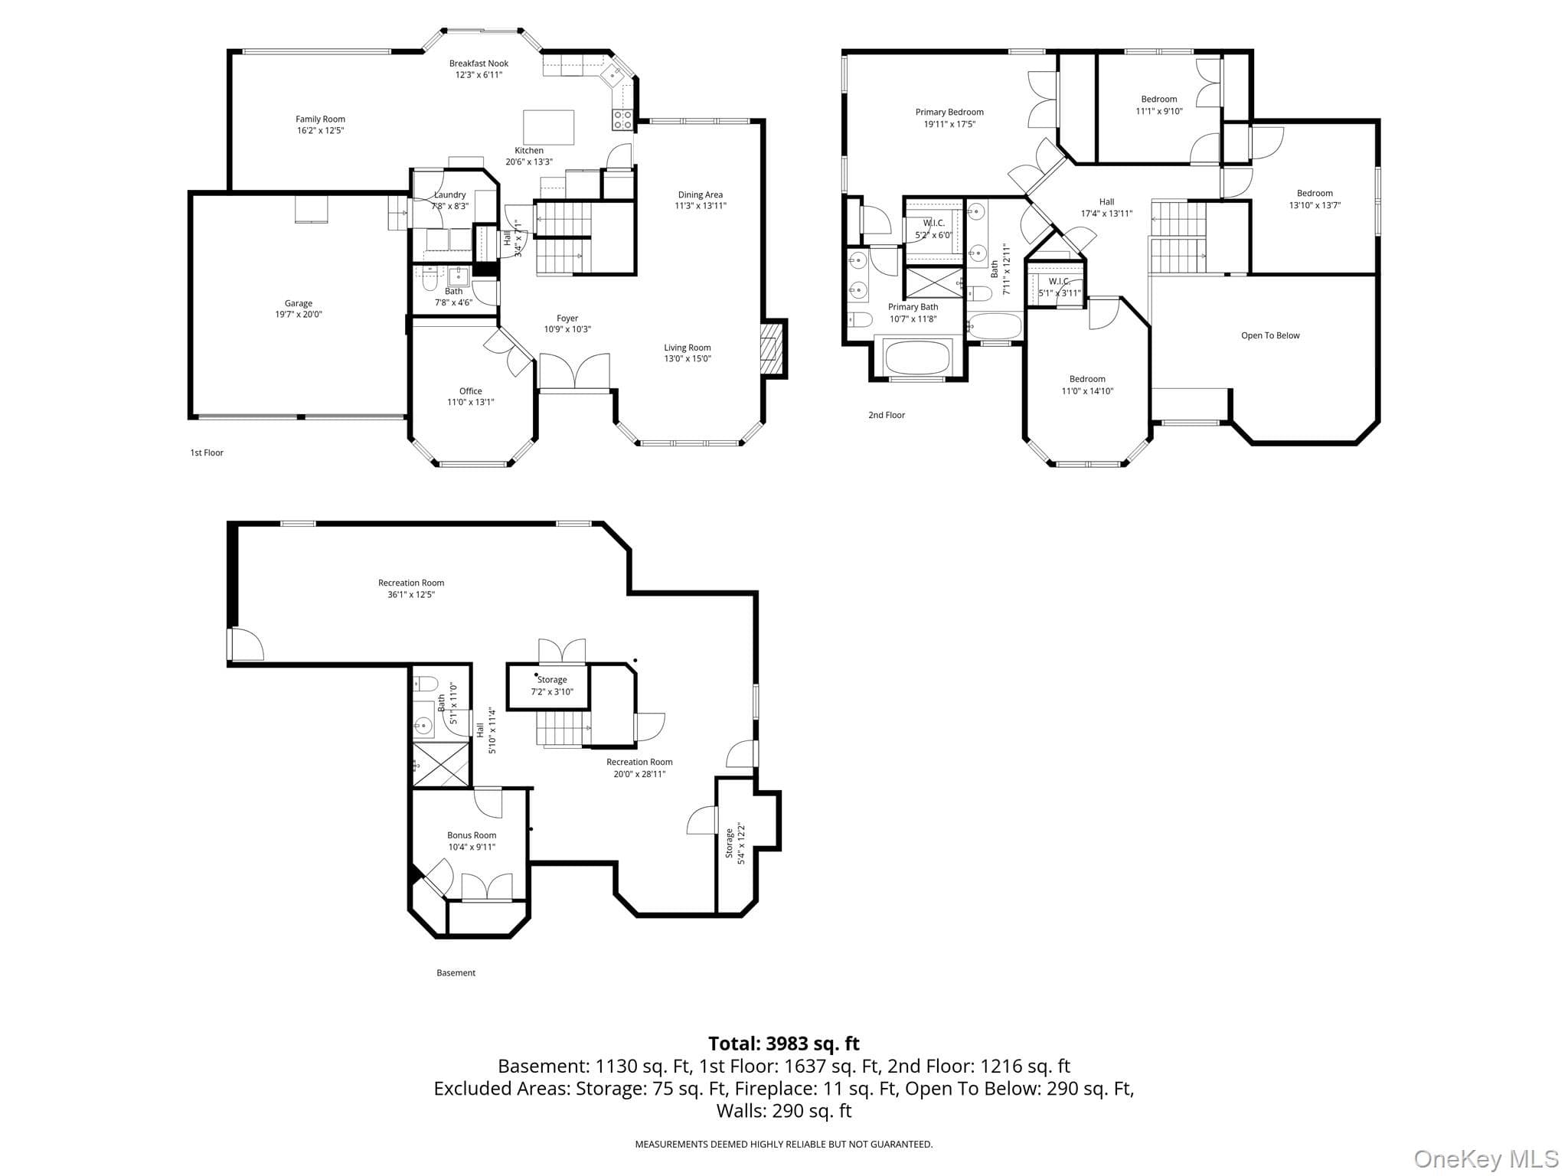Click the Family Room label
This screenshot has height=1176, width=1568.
coord(320,119)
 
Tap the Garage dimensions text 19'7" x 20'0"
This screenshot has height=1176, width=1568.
coord(299,314)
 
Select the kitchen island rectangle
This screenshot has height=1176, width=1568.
coord(548,127)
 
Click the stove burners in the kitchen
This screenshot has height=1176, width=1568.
coord(622,119)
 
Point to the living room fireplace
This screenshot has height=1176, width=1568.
coord(773,348)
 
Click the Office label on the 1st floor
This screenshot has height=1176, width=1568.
coord(470,391)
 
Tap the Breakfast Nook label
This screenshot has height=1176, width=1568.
coord(479,64)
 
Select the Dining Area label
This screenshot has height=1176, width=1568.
coord(700,194)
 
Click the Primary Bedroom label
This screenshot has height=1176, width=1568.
coord(949,113)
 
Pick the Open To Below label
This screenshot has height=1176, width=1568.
coord(1270,335)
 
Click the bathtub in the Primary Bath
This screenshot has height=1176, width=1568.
coord(917,356)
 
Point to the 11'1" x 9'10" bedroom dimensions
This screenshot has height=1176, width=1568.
coord(1158,111)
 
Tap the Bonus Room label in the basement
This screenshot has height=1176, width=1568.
coord(472,835)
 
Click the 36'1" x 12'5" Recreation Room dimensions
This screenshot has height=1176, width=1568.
coord(411,594)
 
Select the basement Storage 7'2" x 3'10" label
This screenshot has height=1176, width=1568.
coord(552,685)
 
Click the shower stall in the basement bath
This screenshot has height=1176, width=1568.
coord(441,763)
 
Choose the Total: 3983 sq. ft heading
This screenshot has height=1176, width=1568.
coord(784,1044)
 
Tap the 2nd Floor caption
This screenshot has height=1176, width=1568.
coord(887,415)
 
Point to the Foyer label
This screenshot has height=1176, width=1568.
coord(567,318)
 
